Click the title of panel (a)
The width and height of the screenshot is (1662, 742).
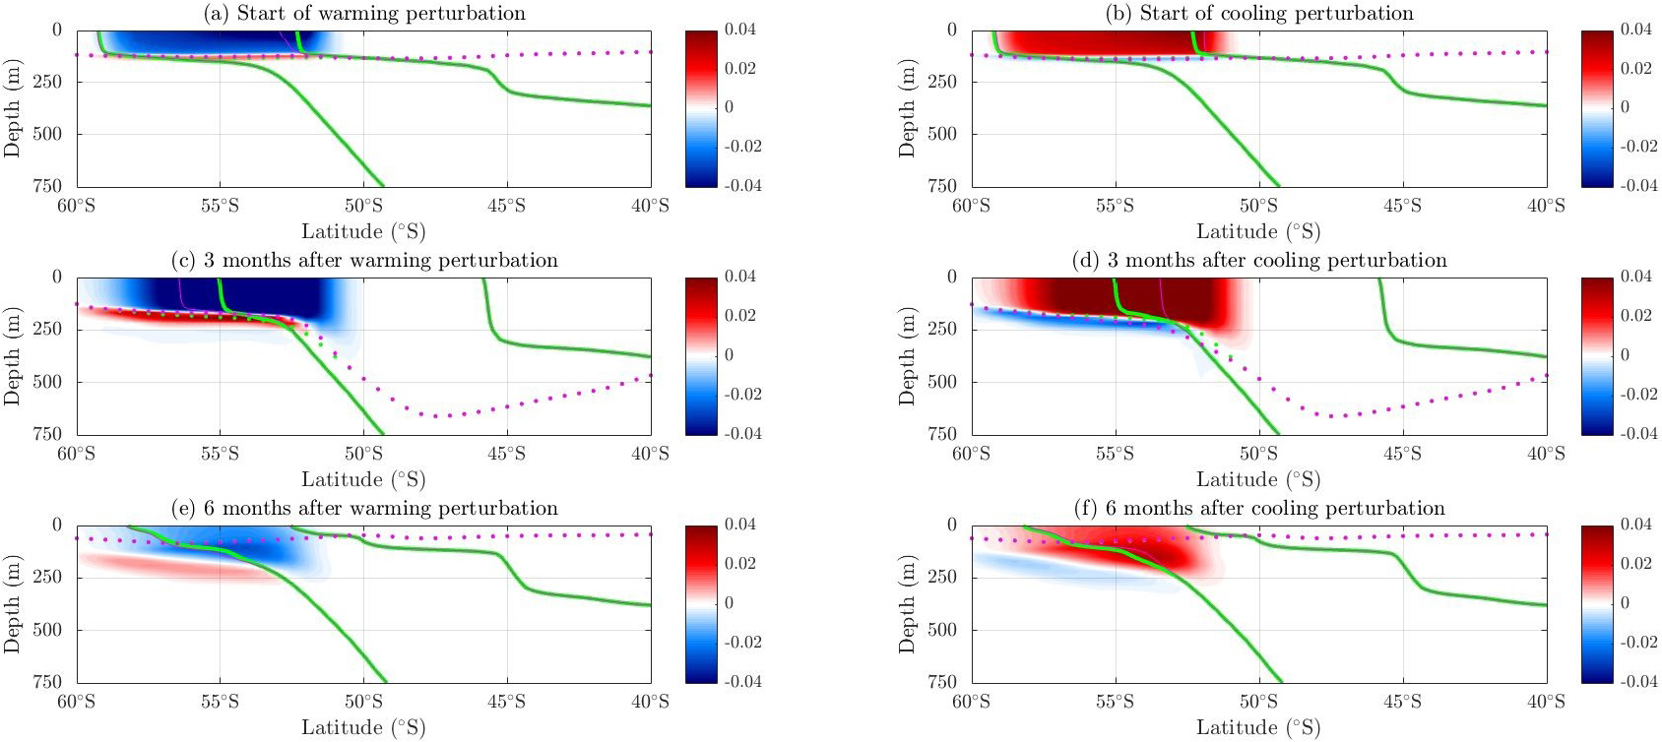pyautogui.click(x=364, y=13)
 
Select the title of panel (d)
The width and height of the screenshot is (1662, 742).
pyautogui.click(x=1259, y=261)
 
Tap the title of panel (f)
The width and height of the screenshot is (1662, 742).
pyautogui.click(x=1259, y=509)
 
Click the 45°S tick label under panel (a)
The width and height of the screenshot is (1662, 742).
pyautogui.click(x=507, y=206)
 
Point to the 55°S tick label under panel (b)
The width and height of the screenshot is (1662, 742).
pyautogui.click(x=1115, y=206)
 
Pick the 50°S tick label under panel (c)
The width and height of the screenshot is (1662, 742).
pyautogui.click(x=363, y=454)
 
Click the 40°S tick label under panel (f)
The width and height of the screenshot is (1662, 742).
pyautogui.click(x=1546, y=702)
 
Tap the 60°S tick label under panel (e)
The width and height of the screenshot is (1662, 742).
pyautogui.click(x=76, y=702)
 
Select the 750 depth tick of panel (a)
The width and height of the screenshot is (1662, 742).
pyautogui.click(x=47, y=185)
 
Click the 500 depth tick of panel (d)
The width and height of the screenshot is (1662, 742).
pyautogui.click(x=942, y=382)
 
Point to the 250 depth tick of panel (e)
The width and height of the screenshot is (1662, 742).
pyautogui.click(x=47, y=577)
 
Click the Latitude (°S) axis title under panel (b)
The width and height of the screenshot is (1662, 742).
pyautogui.click(x=1258, y=232)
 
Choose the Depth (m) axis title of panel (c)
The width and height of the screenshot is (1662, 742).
pyautogui.click(x=12, y=355)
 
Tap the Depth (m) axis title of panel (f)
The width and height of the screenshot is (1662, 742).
pyautogui.click(x=907, y=603)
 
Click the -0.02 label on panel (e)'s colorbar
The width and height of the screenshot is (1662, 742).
pyautogui.click(x=743, y=642)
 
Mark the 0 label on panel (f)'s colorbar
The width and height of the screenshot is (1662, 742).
pyautogui.click(x=1625, y=602)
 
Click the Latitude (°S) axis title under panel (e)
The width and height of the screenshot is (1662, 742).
pyautogui.click(x=363, y=728)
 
